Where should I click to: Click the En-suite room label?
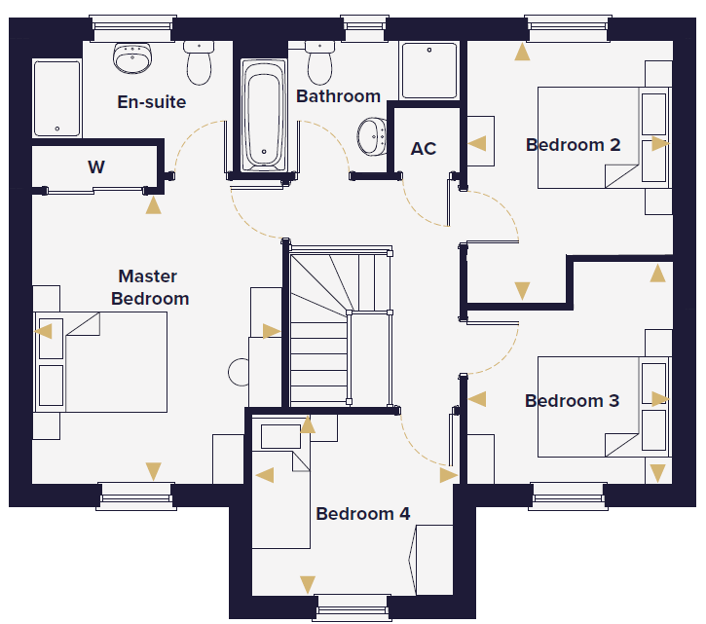[152, 102]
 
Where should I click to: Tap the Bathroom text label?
[338, 96]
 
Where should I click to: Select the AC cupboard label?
[424, 149]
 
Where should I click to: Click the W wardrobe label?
[96, 167]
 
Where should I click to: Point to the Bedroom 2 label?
[573, 145]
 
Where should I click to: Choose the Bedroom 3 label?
[572, 401]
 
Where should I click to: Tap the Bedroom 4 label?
[363, 514]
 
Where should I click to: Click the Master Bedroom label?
[150, 287]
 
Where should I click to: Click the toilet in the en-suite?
[199, 62]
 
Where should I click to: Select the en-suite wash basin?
[132, 57]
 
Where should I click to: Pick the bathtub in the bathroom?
[263, 115]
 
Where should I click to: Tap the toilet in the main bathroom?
[319, 62]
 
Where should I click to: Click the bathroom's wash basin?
[371, 136]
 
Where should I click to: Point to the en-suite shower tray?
[56, 98]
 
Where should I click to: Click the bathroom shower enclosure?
[429, 70]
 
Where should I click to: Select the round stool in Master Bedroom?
[239, 372]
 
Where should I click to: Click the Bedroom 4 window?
[353, 608]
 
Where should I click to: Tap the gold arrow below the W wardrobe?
[154, 205]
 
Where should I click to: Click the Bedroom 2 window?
[568, 28]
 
